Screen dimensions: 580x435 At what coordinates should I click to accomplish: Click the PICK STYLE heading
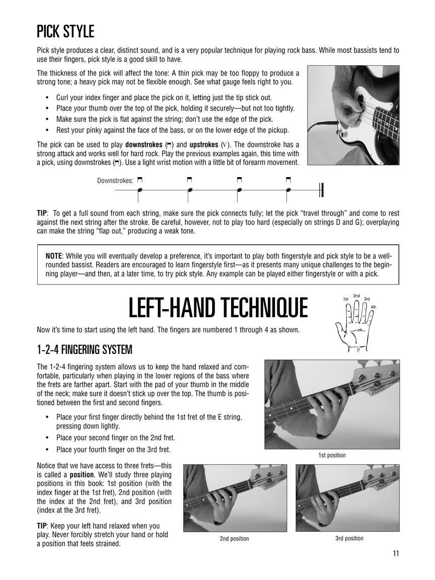coord(65,32)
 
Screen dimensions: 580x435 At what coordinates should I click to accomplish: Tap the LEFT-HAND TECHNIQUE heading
coord(218,308)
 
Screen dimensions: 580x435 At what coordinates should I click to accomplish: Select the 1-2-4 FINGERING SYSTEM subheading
coord(85,349)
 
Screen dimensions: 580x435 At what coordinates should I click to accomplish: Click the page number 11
coord(396,553)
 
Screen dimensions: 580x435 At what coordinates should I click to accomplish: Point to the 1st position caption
coord(332,455)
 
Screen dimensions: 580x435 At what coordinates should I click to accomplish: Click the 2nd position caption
coord(234,539)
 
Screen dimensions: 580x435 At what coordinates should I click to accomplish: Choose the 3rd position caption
coord(349,538)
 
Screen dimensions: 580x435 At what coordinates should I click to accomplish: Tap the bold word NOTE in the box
coord(54,255)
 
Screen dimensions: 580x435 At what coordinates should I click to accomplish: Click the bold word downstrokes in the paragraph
coord(143,144)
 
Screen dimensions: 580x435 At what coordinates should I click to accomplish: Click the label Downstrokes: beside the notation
coord(115,180)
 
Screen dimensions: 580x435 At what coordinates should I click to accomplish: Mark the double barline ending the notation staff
coord(321,190)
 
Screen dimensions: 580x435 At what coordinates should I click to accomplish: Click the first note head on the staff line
coord(140,190)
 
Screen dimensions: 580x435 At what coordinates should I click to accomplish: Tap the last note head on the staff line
coord(288,190)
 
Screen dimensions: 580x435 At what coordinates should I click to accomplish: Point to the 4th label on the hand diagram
coord(373,307)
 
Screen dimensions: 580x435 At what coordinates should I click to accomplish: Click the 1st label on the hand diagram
coord(346,300)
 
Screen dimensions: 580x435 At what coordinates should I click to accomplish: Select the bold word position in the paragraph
coord(84,474)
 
